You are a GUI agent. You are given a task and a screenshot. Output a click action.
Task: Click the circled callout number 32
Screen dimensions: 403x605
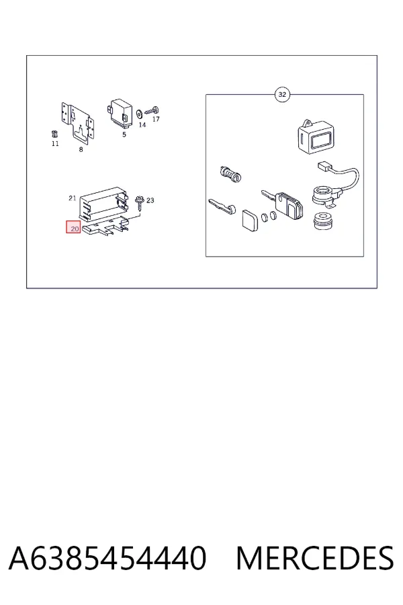pos(282,95)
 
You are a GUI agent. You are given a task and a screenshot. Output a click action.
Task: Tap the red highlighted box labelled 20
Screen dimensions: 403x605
pos(73,227)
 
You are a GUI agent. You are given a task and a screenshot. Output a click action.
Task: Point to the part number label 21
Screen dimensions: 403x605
pos(72,198)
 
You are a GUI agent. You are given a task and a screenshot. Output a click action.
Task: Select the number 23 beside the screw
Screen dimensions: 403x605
pos(150,200)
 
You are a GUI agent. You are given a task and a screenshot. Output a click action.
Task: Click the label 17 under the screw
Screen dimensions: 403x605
pos(156,119)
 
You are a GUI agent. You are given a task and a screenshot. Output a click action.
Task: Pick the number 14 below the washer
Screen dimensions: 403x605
pos(142,124)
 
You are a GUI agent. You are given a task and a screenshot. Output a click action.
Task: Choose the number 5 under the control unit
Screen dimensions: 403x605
pos(124,134)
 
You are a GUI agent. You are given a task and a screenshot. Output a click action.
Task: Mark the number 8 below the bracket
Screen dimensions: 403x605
pos(81,149)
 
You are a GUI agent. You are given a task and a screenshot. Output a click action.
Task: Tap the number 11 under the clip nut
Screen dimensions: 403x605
pos(55,144)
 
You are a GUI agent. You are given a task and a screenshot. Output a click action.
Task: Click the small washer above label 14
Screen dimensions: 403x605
pos(139,114)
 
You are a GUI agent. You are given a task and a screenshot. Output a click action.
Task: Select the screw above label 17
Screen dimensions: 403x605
pos(152,111)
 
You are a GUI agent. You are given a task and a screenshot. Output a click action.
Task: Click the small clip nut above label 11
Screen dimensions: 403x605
pos(54,134)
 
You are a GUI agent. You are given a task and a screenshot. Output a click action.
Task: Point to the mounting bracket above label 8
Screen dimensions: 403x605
pos(79,124)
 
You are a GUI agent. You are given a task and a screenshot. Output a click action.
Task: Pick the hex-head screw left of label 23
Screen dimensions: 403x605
pos(138,203)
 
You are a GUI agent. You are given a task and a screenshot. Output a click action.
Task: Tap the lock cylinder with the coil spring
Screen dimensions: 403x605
pos(231,174)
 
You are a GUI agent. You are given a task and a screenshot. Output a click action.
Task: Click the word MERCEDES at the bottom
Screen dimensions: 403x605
pos(315,558)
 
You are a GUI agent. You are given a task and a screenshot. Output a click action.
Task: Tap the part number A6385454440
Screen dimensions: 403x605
pos(107,558)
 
